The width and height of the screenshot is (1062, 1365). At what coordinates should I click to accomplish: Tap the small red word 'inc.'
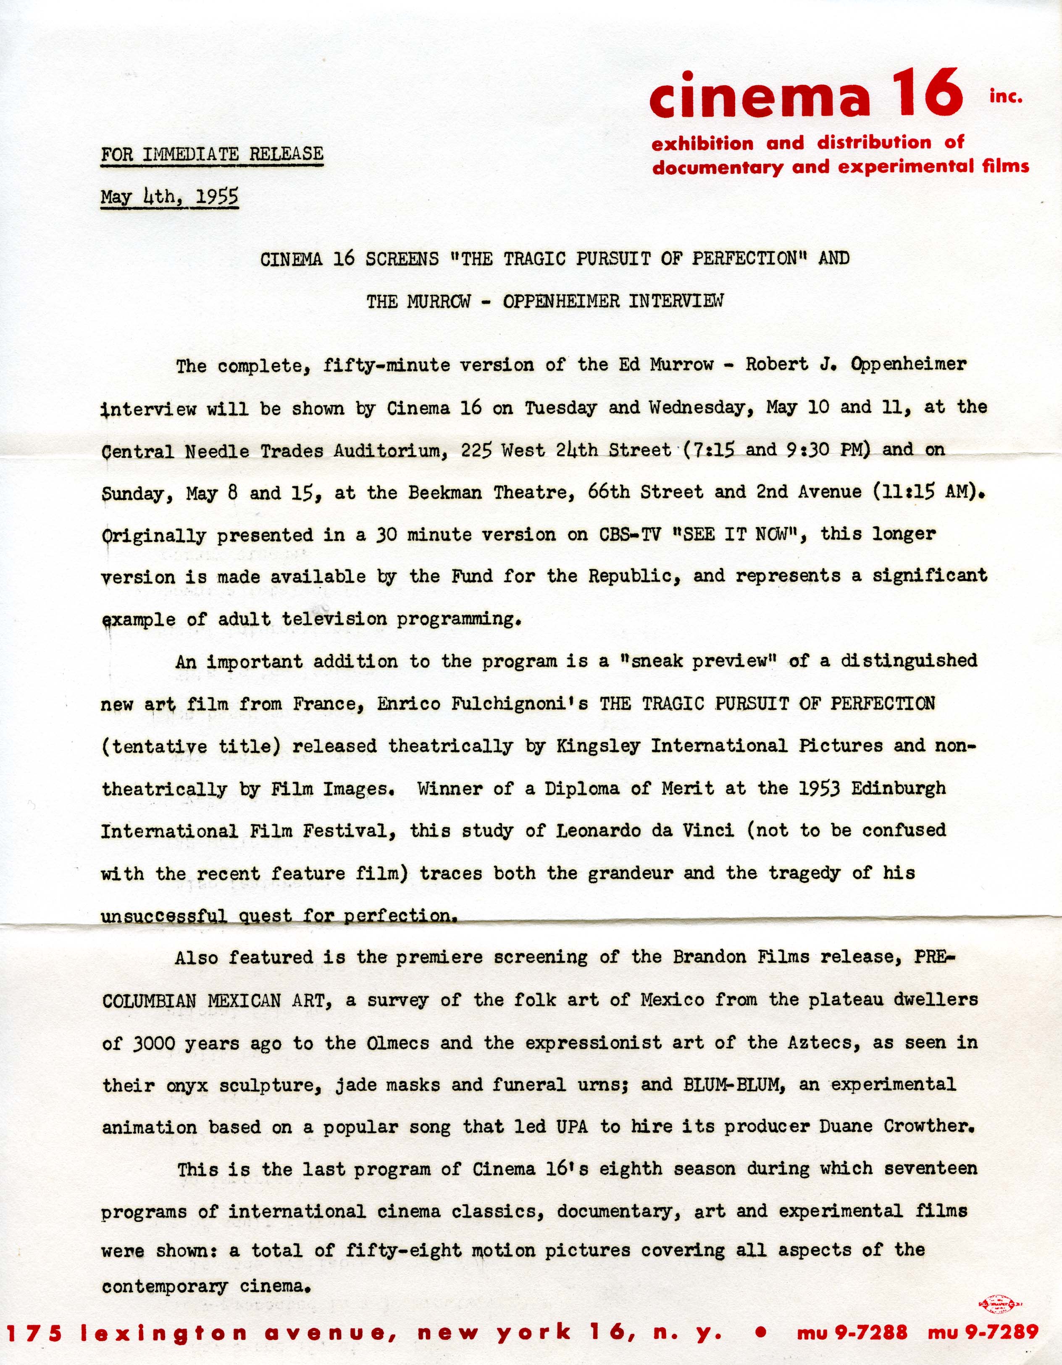[x=1006, y=97]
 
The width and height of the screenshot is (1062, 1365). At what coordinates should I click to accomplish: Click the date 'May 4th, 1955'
[x=169, y=197]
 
